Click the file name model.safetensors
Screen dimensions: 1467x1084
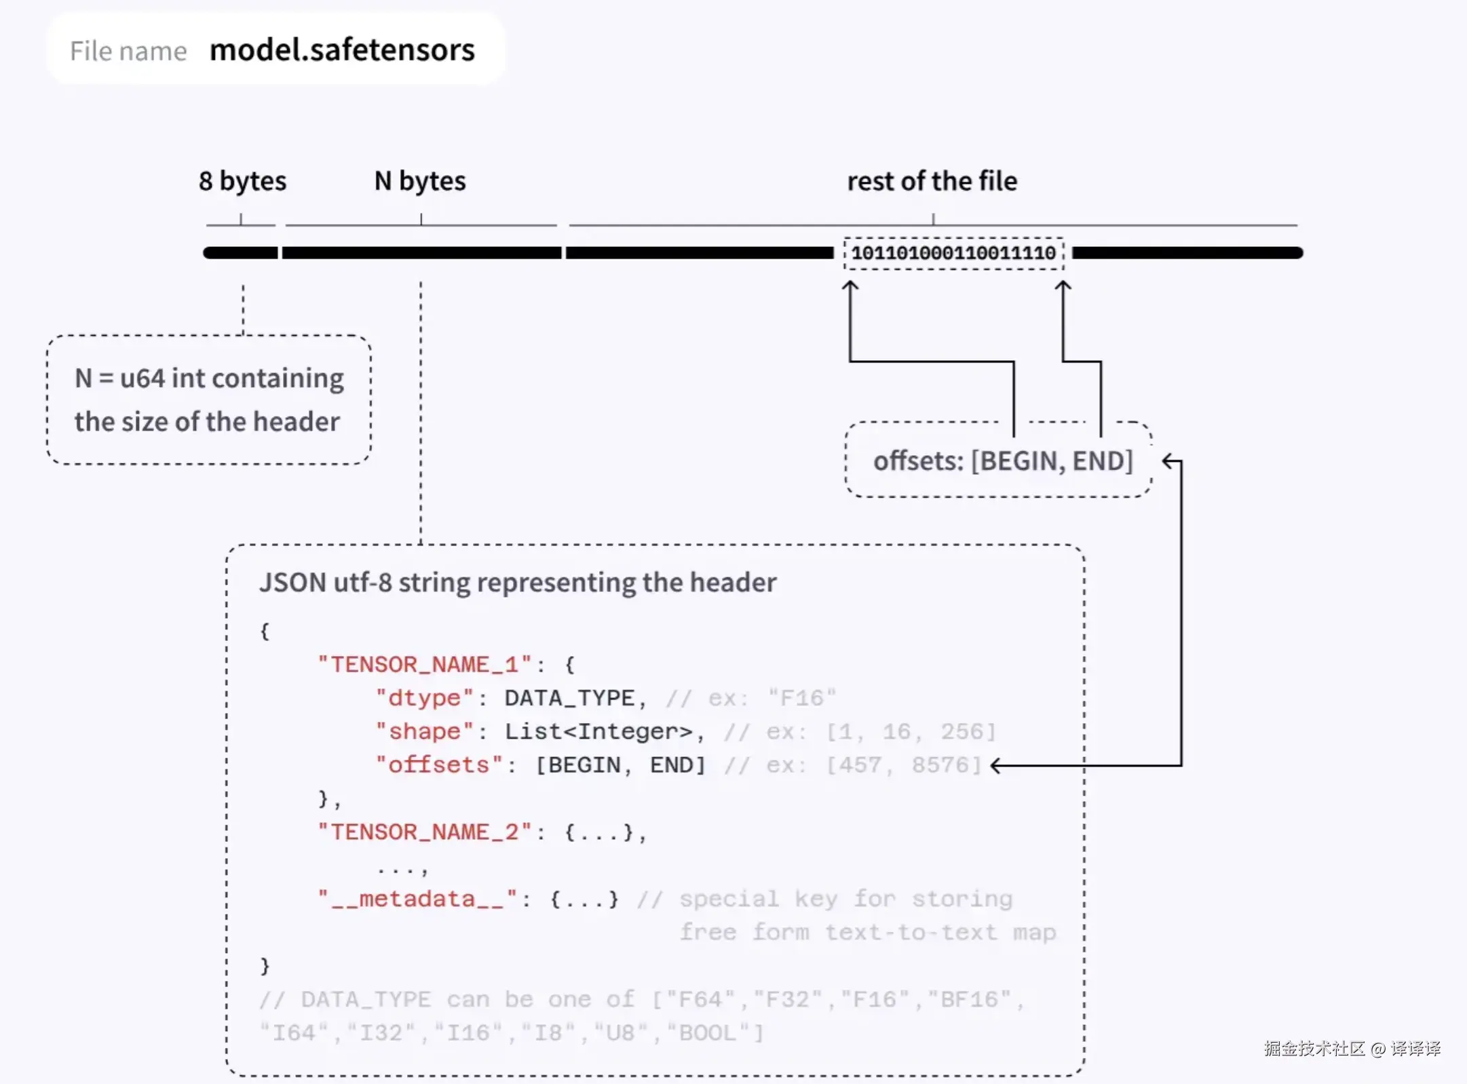click(342, 50)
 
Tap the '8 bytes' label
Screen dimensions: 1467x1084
click(242, 181)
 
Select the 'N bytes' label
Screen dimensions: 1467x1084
click(420, 181)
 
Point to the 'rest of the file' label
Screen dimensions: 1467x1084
click(932, 181)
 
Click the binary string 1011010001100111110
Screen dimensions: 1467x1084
click(953, 253)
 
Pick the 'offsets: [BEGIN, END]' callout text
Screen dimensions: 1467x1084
click(1003, 461)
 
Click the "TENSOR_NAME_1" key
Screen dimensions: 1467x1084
click(424, 664)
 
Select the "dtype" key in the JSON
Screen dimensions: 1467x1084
click(424, 698)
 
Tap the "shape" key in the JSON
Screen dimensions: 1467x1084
click(424, 731)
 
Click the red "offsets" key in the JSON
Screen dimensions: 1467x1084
click(439, 764)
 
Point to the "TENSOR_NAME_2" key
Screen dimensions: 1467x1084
click(424, 832)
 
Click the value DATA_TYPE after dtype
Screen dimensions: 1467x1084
click(569, 698)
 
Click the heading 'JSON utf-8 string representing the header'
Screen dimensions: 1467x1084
click(518, 583)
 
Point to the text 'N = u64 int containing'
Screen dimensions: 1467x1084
click(209, 379)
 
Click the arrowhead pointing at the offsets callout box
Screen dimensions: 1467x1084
click(1168, 462)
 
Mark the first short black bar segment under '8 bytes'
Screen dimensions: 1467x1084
click(240, 253)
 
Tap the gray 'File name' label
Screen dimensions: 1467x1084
click(128, 52)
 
